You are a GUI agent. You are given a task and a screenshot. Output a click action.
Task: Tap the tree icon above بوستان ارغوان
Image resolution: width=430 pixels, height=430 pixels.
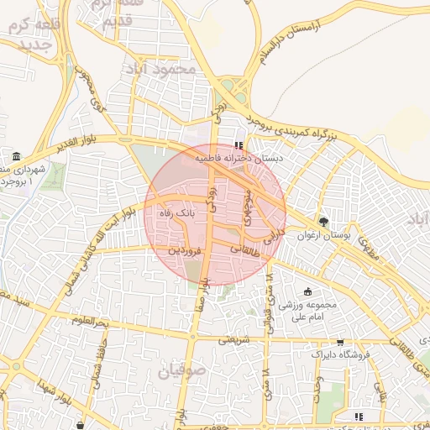click(323, 222)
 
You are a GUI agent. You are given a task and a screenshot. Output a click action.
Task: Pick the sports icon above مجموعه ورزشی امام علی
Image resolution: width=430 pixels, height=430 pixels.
click(307, 291)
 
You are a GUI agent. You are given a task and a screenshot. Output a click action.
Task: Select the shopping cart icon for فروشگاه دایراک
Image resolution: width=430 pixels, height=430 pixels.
click(339, 342)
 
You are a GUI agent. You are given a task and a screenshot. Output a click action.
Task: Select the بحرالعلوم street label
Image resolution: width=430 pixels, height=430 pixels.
click(91, 321)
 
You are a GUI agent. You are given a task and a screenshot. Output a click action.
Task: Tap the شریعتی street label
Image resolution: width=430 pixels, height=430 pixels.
click(234, 340)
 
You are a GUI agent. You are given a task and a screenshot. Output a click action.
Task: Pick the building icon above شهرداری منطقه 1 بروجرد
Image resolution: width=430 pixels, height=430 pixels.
click(17, 157)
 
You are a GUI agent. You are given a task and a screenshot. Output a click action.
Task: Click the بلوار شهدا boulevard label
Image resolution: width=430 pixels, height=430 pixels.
click(47, 393)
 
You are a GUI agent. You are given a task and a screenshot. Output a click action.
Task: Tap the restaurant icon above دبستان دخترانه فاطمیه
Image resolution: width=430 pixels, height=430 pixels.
click(243, 144)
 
